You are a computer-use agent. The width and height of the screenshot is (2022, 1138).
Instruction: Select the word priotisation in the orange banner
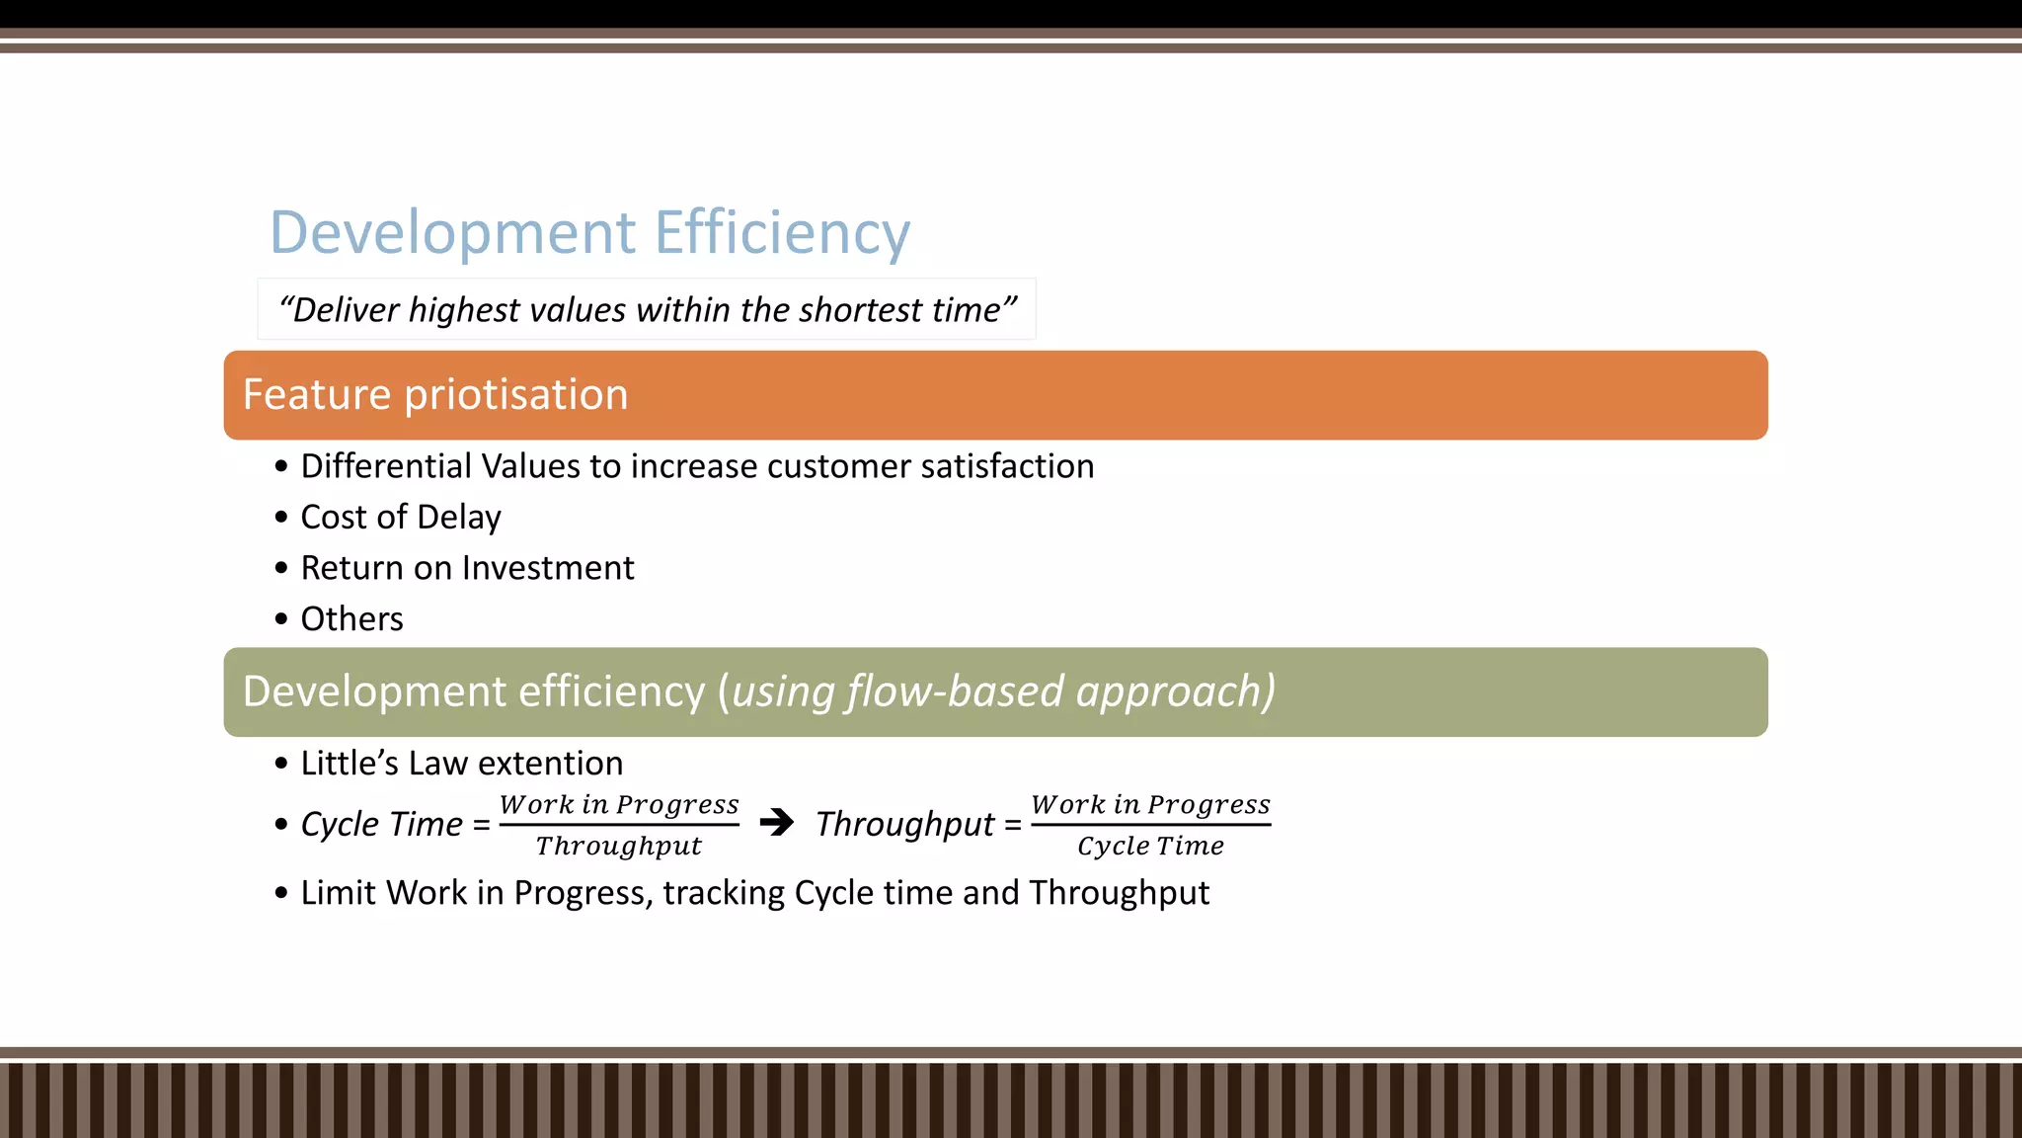pyautogui.click(x=516, y=395)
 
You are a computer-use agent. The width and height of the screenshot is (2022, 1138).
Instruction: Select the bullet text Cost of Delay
pyautogui.click(x=401, y=518)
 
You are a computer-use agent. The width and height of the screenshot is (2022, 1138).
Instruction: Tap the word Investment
pyautogui.click(x=548, y=568)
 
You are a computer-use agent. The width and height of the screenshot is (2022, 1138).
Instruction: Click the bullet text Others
pyautogui.click(x=351, y=619)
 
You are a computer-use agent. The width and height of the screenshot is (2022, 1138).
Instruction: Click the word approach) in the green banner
pyautogui.click(x=1175, y=691)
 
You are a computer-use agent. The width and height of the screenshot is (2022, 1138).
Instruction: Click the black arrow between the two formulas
pyautogui.click(x=777, y=822)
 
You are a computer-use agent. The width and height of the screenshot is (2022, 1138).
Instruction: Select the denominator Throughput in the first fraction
pyautogui.click(x=619, y=847)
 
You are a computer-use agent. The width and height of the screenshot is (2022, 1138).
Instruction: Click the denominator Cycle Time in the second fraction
pyautogui.click(x=1150, y=847)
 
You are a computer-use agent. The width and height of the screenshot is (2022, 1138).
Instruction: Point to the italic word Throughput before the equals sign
pyautogui.click(x=905, y=824)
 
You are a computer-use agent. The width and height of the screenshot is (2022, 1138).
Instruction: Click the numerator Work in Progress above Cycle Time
pyautogui.click(x=1150, y=804)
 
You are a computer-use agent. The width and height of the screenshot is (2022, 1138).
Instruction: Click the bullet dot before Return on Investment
pyautogui.click(x=281, y=568)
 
